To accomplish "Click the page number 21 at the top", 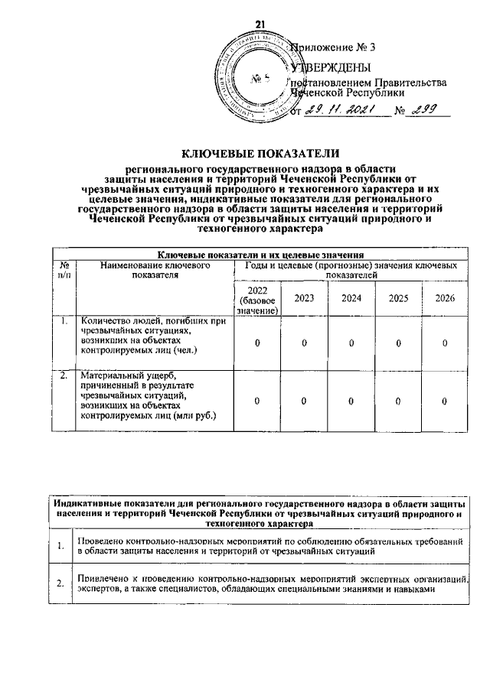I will pyautogui.click(x=259, y=24).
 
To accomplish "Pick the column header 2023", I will pyautogui.click(x=304, y=297).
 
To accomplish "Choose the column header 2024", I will pyautogui.click(x=351, y=297).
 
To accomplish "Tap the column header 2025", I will pyautogui.click(x=397, y=297).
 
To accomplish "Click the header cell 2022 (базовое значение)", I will pyautogui.click(x=256, y=298).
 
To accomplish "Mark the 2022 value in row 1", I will pyautogui.click(x=256, y=343).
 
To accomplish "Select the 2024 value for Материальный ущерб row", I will pyautogui.click(x=351, y=401).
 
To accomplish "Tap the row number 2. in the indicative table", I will pyautogui.click(x=60, y=585).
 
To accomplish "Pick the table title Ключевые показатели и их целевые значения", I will pyautogui.click(x=259, y=254).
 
